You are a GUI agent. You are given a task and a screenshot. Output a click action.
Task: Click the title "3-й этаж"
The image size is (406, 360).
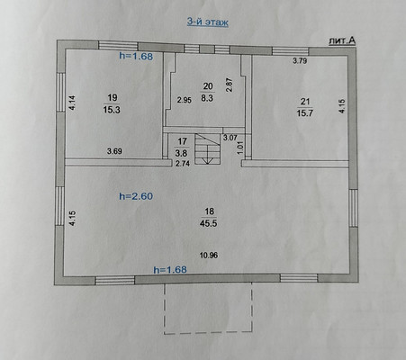point(208,22)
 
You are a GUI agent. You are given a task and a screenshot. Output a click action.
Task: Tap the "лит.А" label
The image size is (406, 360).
point(342,41)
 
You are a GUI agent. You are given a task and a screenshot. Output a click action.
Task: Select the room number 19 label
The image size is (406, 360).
point(113,98)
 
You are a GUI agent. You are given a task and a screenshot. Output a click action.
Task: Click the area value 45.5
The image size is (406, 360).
point(209,223)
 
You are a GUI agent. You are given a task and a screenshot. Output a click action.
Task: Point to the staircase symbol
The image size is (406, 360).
point(208,148)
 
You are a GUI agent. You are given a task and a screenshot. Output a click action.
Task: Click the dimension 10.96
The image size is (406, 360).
point(209,256)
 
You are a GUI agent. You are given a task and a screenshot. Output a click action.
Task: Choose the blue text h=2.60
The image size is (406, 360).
point(136,196)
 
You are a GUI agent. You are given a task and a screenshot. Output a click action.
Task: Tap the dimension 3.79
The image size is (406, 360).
point(300,61)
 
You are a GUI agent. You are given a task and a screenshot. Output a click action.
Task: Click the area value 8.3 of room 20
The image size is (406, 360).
point(207,98)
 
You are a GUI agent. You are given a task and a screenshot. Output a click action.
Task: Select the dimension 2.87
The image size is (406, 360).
point(230,85)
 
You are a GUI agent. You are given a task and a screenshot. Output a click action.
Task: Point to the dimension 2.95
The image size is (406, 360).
point(184,100)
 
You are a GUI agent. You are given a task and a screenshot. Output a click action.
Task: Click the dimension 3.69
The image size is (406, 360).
point(114,151)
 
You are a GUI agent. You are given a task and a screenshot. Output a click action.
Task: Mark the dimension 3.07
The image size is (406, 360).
point(230,138)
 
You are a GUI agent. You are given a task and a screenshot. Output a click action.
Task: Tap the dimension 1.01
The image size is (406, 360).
point(240,148)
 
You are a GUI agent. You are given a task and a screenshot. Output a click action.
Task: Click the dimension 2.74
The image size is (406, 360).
point(183,164)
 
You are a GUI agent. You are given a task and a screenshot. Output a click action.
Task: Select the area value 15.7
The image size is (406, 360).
point(305,114)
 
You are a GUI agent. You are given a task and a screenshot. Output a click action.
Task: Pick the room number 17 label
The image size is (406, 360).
point(182,141)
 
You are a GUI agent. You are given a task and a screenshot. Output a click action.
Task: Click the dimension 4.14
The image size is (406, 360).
point(73,103)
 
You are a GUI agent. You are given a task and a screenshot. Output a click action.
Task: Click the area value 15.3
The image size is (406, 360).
point(112,110)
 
